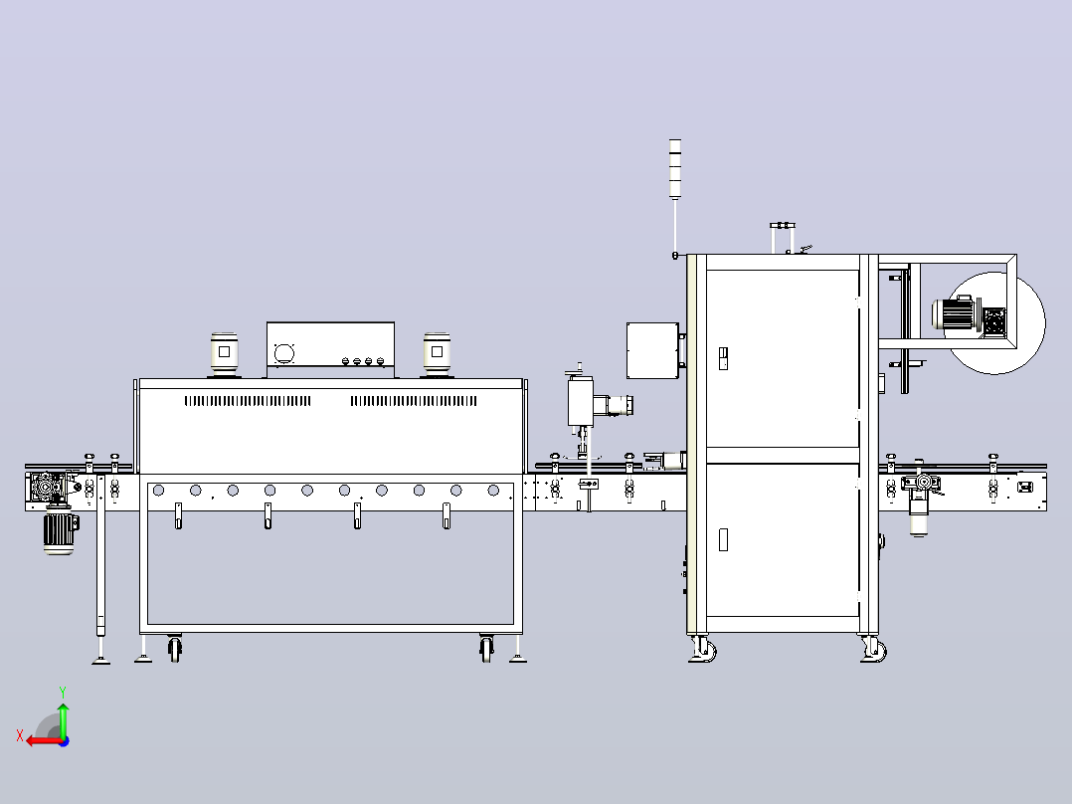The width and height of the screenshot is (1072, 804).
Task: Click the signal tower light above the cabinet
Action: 675,169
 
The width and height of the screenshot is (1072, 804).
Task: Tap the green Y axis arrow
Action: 63,718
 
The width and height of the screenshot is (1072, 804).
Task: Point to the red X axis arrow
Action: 45,740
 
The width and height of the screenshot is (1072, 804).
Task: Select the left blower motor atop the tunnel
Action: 225,354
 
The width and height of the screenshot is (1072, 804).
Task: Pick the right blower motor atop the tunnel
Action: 437,354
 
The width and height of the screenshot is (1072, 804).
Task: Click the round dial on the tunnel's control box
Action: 283,353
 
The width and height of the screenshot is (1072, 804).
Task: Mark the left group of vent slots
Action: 248,401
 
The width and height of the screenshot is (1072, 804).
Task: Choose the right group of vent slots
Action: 414,401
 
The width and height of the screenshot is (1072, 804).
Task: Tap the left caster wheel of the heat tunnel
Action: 175,648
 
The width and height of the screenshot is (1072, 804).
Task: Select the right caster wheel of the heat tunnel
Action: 486,648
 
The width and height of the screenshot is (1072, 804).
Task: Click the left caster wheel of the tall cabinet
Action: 703,649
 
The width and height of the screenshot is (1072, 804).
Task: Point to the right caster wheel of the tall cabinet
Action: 874,649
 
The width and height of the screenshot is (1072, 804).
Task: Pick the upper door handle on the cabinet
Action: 723,358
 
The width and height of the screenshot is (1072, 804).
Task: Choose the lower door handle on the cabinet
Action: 723,539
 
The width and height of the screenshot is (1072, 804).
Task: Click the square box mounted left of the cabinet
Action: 653,350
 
